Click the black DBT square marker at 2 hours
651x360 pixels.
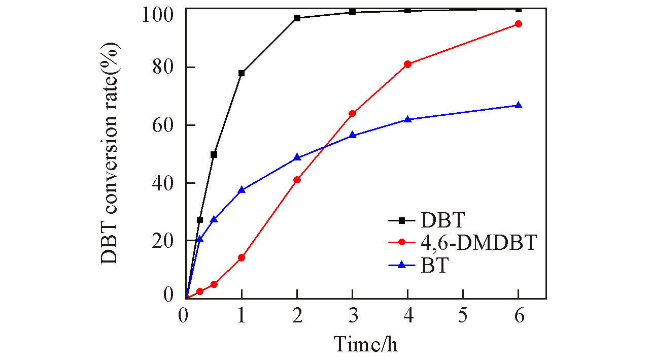click(297, 18)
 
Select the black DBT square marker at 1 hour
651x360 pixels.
click(242, 73)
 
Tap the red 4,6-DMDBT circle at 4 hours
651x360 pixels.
click(407, 64)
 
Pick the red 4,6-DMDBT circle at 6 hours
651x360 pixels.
click(518, 24)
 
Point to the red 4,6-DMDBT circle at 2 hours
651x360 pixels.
click(297, 180)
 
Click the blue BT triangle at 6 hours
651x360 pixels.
click(518, 105)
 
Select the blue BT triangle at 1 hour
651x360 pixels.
click(242, 189)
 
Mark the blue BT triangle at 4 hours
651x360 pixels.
click(407, 119)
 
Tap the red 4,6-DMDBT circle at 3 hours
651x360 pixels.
click(352, 113)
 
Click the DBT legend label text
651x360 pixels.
click(442, 220)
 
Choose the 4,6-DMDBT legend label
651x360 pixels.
click(478, 243)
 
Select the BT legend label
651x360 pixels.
click(434, 265)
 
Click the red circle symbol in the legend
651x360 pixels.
click(402, 242)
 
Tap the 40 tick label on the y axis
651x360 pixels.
click(164, 183)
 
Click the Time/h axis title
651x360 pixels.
click(365, 344)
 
